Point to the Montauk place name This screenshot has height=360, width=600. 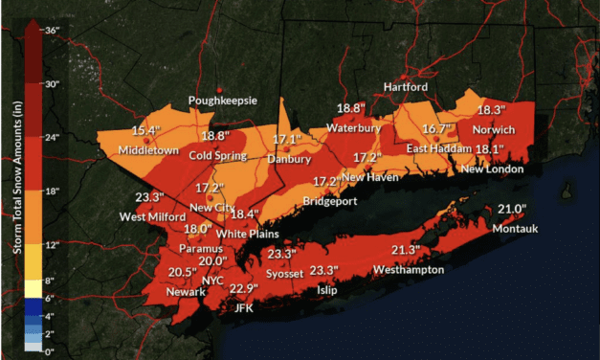(x=516, y=230)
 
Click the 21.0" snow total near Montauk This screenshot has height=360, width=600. (x=514, y=210)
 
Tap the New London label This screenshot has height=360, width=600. (x=492, y=169)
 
